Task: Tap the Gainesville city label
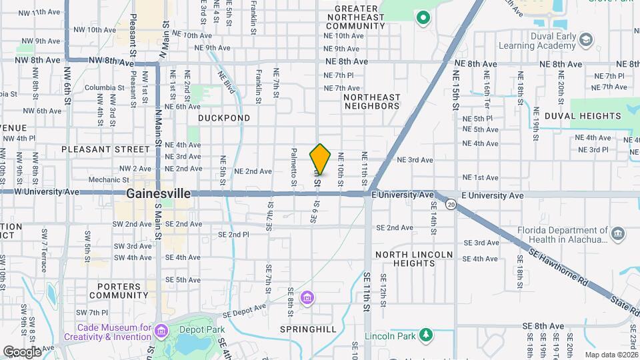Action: coord(159,193)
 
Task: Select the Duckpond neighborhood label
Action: coord(224,118)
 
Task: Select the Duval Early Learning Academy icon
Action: coord(585,40)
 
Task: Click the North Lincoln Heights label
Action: coord(413,259)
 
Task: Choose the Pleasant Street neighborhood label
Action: coord(105,149)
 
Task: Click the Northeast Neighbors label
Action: coord(371,101)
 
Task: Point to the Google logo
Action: coord(22,351)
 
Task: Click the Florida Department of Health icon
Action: coord(618,233)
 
